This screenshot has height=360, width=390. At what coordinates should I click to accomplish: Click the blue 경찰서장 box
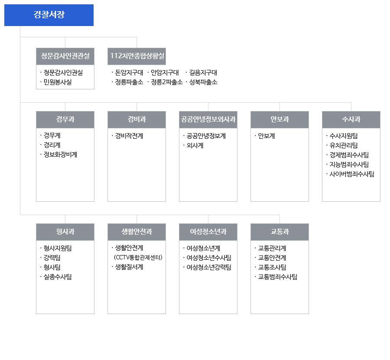49,15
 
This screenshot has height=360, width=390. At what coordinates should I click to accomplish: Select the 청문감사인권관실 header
65,56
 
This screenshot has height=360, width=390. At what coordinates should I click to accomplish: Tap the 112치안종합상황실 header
137,56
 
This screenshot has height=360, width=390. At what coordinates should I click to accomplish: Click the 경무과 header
65,120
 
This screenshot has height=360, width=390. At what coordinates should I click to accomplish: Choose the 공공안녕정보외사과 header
208,120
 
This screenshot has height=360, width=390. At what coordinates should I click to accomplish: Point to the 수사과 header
351,120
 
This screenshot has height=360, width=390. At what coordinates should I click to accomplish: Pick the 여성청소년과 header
208,232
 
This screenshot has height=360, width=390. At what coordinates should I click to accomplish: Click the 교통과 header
279,232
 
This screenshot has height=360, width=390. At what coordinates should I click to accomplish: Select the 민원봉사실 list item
58,82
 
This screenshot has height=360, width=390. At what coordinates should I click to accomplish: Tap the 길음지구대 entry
203,73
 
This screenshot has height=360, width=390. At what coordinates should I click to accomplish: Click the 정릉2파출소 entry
167,82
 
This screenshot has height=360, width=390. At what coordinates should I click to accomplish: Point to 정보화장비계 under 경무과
60,154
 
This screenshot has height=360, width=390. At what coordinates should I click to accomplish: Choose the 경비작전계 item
129,136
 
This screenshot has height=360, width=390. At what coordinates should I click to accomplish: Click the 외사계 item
195,145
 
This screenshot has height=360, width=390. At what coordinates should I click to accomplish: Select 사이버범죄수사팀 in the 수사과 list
352,174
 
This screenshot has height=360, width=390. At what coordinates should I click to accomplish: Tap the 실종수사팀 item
58,277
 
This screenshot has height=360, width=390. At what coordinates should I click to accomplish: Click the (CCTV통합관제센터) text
138,258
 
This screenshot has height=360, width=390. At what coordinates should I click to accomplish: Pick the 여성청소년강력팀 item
209,267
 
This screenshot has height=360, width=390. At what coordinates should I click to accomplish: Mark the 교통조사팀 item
272,267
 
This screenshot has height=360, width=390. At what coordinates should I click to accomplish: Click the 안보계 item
266,136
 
